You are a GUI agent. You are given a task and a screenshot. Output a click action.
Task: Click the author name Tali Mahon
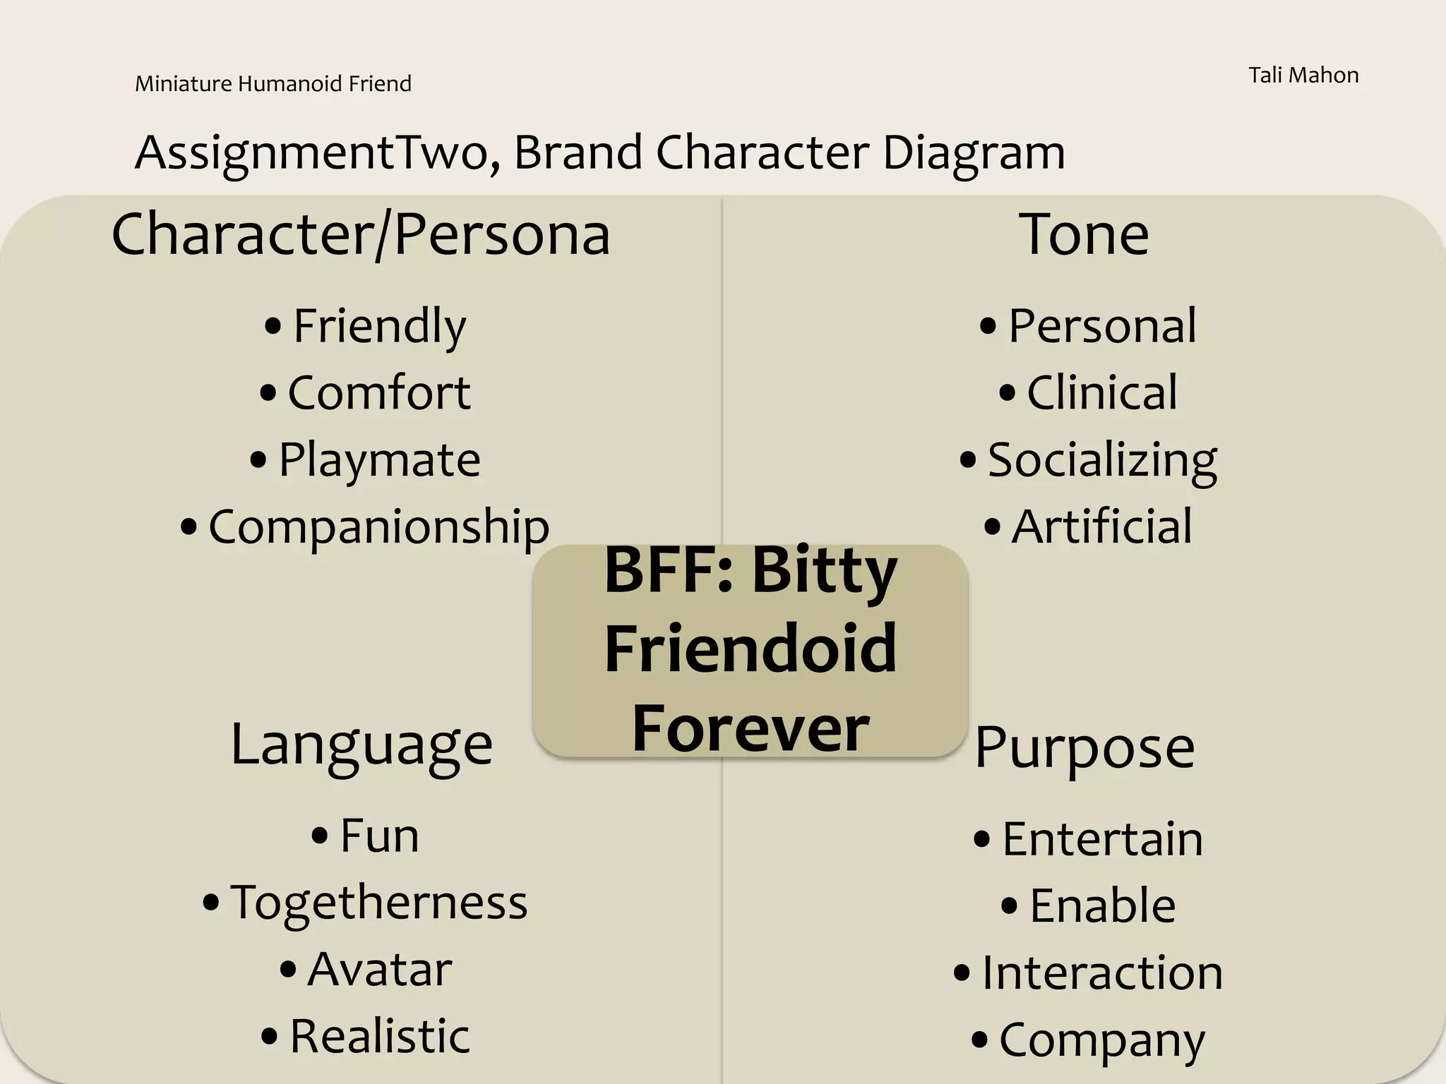pyautogui.click(x=1303, y=76)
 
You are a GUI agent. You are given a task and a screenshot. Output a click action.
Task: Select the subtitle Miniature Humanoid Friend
pyautogui.click(x=273, y=84)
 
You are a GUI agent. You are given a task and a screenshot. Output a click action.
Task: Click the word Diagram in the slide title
pyautogui.click(x=974, y=152)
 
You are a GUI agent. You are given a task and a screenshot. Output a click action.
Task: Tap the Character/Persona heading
pyautogui.click(x=361, y=234)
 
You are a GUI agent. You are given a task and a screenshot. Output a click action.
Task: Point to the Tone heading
pyautogui.click(x=1084, y=234)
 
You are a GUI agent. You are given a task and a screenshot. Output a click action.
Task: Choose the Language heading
pyautogui.click(x=361, y=744)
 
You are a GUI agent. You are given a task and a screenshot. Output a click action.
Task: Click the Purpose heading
pyautogui.click(x=1084, y=747)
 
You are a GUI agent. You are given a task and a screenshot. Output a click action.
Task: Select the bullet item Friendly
pyautogui.click(x=379, y=326)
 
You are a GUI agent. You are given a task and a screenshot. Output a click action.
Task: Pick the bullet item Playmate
pyautogui.click(x=379, y=460)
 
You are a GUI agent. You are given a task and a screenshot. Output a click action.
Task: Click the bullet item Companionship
pyautogui.click(x=378, y=526)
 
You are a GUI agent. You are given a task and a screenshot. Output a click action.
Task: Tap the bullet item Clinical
pyautogui.click(x=1101, y=392)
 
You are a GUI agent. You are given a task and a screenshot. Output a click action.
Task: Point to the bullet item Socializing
pyautogui.click(x=1101, y=460)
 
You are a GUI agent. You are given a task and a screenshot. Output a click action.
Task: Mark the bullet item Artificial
pyautogui.click(x=1101, y=526)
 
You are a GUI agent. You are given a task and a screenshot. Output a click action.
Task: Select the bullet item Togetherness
pyautogui.click(x=378, y=903)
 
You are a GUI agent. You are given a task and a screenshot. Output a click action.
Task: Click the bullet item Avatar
pyautogui.click(x=379, y=969)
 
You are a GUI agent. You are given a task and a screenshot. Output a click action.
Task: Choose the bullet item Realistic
pyautogui.click(x=379, y=1036)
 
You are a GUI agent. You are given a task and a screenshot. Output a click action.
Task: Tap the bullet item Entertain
pyautogui.click(x=1102, y=839)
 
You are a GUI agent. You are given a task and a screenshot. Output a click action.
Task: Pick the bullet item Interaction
pyautogui.click(x=1102, y=972)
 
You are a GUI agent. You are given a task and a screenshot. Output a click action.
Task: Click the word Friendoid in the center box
pyautogui.click(x=751, y=649)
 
